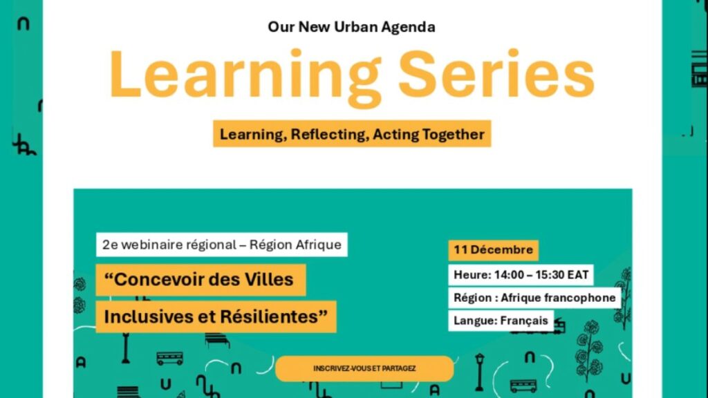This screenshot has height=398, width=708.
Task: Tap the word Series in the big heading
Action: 496,73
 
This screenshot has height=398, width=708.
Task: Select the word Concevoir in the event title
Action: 160,280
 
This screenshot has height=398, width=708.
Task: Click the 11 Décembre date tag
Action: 493,250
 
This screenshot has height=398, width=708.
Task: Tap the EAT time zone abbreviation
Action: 578,275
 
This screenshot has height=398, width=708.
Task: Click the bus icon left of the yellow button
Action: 170,359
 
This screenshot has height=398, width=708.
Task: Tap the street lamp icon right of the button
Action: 480,372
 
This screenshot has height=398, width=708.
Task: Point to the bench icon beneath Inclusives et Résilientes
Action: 217,340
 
